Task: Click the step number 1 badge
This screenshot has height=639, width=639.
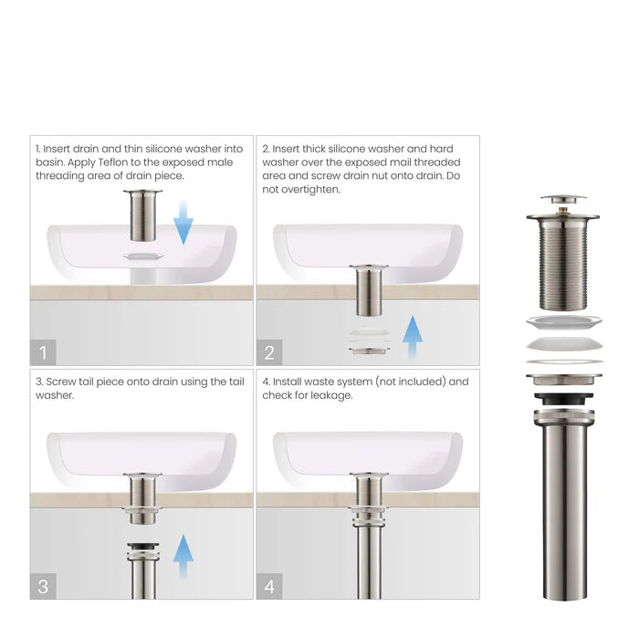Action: (x=43, y=351)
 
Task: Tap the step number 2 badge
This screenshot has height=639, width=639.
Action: (x=269, y=351)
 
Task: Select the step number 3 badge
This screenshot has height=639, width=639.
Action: (x=43, y=586)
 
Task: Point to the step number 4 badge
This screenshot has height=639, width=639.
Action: (x=269, y=586)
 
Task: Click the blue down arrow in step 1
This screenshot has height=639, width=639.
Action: (x=183, y=221)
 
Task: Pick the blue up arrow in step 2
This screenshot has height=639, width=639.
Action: (x=413, y=338)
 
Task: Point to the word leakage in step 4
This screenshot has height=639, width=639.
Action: (x=326, y=395)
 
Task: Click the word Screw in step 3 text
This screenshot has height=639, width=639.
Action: (x=60, y=382)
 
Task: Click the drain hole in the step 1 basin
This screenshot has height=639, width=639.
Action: (x=145, y=257)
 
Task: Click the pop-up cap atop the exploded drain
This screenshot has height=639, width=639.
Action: (x=563, y=197)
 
